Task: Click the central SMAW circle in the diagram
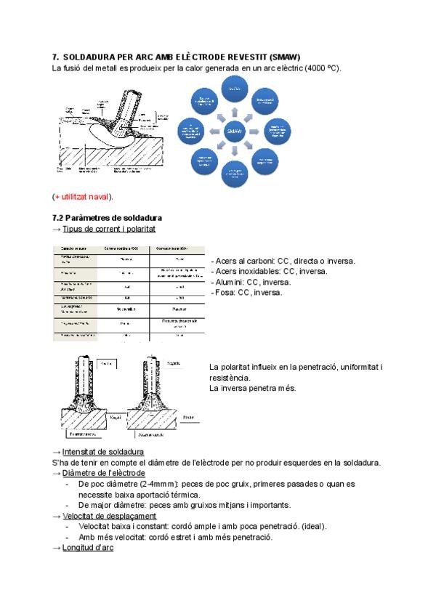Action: click(x=234, y=131)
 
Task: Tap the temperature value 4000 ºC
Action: click(x=315, y=68)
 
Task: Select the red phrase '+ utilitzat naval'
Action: click(x=83, y=197)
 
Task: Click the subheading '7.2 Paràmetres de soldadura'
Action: click(x=107, y=217)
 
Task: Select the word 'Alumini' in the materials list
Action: click(x=230, y=282)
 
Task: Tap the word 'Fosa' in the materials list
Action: click(x=225, y=292)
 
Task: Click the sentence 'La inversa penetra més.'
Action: click(x=252, y=388)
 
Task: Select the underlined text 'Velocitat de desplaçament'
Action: click(x=110, y=516)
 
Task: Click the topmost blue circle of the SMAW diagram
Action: click(x=234, y=89)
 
